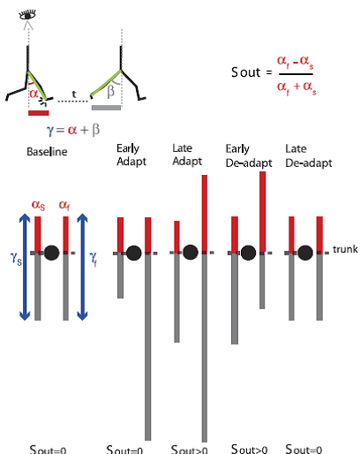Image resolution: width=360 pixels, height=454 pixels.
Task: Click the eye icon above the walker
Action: click(27, 15)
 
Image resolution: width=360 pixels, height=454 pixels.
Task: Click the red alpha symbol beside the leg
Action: click(34, 94)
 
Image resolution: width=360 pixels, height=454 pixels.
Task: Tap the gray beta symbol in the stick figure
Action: click(110, 91)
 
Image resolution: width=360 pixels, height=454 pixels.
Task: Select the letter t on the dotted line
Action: click(74, 95)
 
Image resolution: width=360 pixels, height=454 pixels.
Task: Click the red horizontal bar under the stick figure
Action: click(39, 113)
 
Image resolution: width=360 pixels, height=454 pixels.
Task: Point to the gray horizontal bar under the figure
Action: click(106, 108)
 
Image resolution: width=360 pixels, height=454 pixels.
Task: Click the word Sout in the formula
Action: click(246, 72)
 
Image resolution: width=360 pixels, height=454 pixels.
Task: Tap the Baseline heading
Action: click(47, 152)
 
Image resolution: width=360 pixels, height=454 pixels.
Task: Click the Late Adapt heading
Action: click(187, 155)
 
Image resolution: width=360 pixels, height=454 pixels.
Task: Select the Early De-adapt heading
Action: click(249, 155)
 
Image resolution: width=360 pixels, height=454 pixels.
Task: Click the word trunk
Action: click(345, 249)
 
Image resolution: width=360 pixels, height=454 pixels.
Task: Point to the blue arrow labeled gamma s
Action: click(25, 267)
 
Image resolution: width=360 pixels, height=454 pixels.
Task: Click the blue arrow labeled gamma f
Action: click(82, 267)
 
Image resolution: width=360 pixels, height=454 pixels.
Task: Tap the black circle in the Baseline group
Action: click(52, 253)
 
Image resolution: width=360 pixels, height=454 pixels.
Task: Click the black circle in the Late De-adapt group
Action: click(305, 253)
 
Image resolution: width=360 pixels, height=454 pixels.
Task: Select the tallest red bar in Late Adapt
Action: click(205, 214)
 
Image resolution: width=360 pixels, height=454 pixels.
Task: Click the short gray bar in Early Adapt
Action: click(120, 276)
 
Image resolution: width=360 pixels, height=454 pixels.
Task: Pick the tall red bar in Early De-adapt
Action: click(262, 212)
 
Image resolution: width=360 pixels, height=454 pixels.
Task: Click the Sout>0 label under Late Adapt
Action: click(190, 450)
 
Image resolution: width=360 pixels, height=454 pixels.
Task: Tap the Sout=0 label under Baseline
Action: click(48, 450)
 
